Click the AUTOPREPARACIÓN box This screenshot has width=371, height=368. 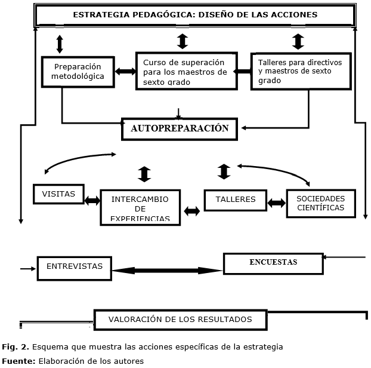tap(180, 129)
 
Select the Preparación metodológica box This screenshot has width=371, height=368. tap(78, 72)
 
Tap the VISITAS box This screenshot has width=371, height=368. tap(58, 194)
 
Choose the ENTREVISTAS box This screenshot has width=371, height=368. tap(75, 268)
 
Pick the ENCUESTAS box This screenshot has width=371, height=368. tap(273, 263)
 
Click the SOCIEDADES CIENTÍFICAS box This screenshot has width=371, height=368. tap(321, 203)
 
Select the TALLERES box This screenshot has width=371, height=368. tap(236, 200)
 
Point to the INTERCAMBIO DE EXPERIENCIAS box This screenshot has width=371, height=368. tap(140, 207)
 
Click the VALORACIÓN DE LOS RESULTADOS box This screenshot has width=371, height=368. tap(180, 320)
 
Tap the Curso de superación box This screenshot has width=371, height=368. tap(187, 71)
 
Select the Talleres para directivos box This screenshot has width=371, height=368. tap(301, 71)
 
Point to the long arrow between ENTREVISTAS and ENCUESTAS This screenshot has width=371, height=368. tap(167, 271)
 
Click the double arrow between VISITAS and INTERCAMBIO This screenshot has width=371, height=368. tap(92, 201)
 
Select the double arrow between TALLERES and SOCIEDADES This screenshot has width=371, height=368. tap(277, 203)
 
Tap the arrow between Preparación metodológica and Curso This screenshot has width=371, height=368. tap(125, 71)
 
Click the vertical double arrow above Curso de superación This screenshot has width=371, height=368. tap(183, 41)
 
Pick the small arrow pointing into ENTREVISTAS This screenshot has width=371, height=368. tap(28, 268)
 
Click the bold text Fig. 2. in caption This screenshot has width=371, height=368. tap(16, 347)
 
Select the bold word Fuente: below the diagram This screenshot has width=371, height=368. tap(18, 361)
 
